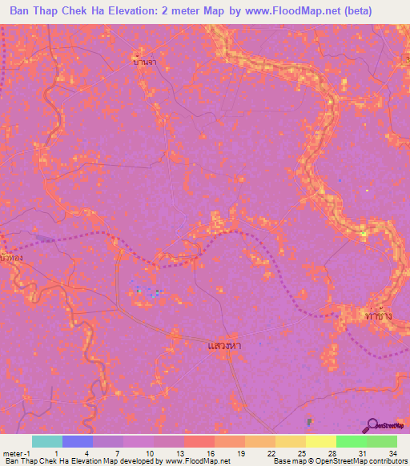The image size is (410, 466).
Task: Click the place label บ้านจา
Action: click(x=144, y=59)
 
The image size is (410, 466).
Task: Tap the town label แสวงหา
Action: click(x=225, y=345)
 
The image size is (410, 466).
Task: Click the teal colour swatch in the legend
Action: click(x=46, y=441)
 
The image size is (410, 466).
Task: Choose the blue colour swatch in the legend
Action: click(x=77, y=441)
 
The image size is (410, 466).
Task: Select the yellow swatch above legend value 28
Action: click(x=320, y=441)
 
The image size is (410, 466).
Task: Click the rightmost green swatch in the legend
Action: click(x=381, y=441)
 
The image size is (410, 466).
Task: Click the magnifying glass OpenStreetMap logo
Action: click(x=371, y=425)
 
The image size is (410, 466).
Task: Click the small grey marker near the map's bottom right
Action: click(x=309, y=421)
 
